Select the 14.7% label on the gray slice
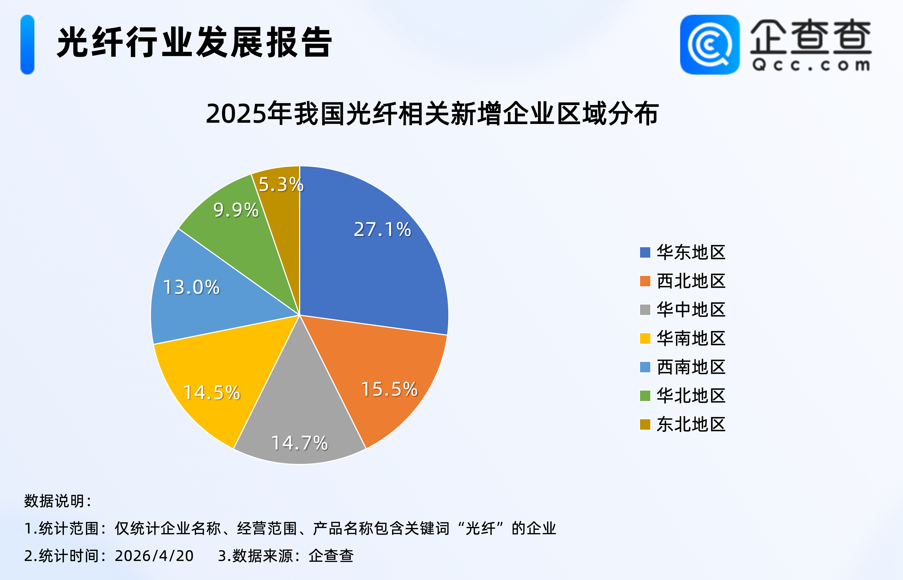300,443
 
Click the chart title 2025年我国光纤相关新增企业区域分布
432,113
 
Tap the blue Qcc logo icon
710,44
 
